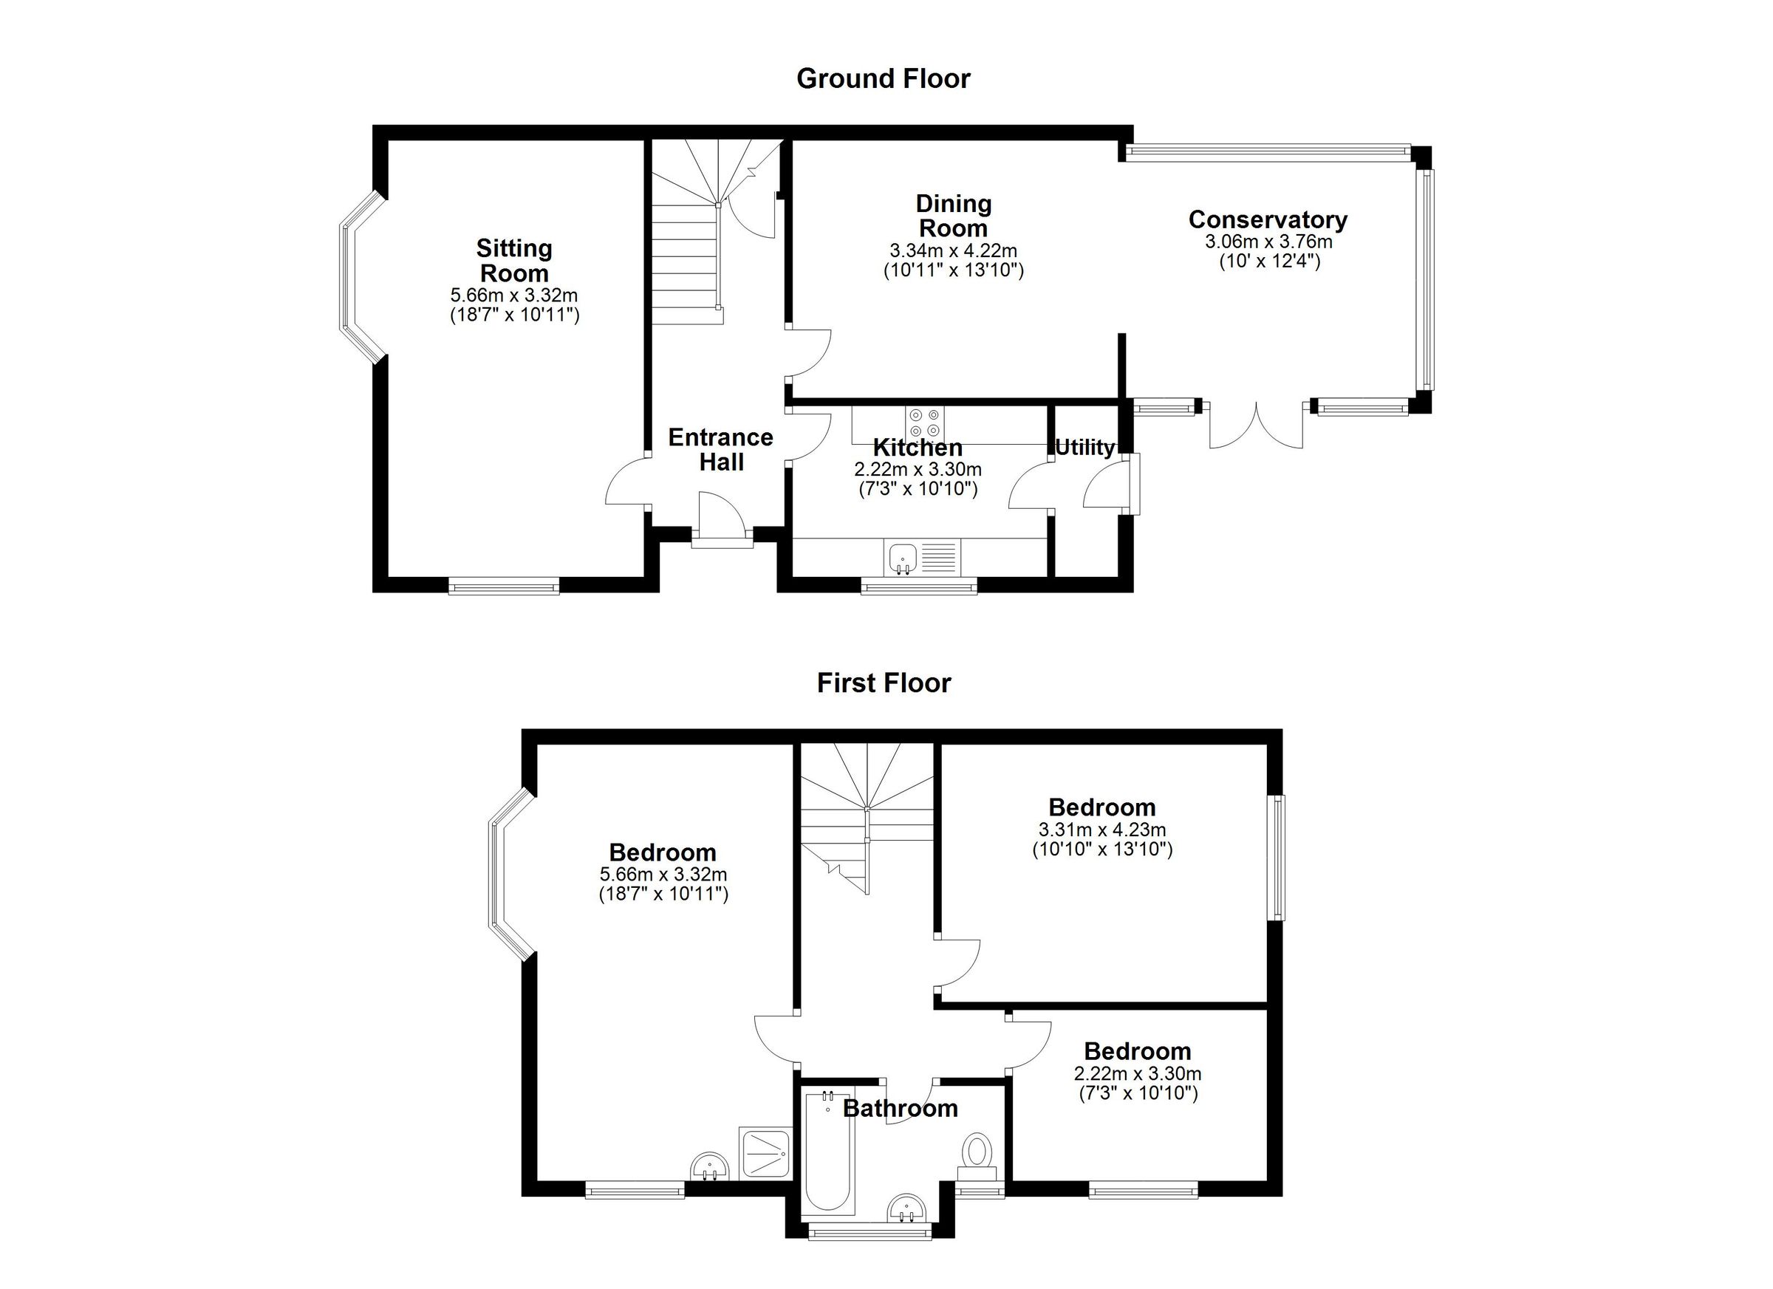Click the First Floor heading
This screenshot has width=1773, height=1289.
pos(884,683)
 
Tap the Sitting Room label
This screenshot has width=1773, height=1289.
pos(513,261)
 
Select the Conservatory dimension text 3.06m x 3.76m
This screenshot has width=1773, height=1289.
pos(1267,242)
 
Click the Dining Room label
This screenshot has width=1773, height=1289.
pos(953,216)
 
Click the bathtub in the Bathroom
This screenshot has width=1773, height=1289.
pos(829,1150)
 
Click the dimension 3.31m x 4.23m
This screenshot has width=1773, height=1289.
pos(1101,830)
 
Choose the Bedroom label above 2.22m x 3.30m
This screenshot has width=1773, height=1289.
pos(1137,1051)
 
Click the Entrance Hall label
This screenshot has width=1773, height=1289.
pos(720,449)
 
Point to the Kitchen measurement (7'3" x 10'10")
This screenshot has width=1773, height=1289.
pos(918,489)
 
